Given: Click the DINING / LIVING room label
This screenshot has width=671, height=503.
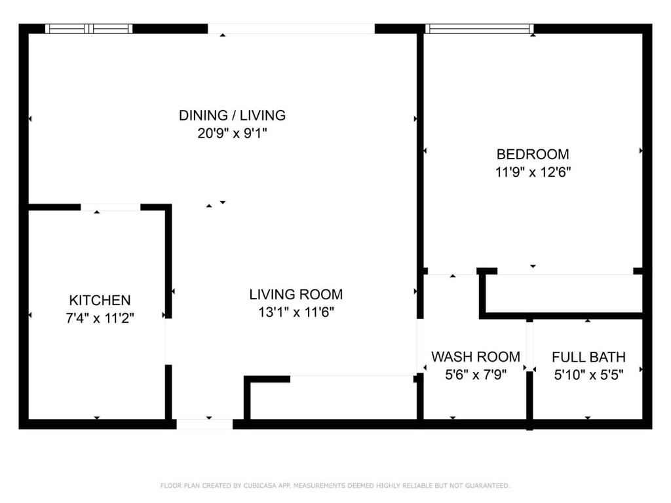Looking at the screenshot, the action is tap(232, 115).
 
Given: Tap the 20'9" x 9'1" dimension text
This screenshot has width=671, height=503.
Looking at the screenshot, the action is tap(232, 134).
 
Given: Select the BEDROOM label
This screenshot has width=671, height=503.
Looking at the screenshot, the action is tap(533, 154).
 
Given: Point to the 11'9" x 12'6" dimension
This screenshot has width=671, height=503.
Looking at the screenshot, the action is tap(533, 172).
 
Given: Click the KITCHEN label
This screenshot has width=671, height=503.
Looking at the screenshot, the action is tap(100, 300).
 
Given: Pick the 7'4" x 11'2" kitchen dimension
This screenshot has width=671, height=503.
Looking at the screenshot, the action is tap(100, 318).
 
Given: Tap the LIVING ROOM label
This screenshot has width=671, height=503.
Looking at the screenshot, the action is tap(296, 294).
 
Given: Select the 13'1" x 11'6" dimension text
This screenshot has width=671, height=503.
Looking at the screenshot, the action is tap(296, 312).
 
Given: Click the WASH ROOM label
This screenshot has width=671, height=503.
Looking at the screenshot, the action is tap(476, 357).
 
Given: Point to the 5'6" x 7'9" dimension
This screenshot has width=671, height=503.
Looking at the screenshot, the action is tap(476, 375).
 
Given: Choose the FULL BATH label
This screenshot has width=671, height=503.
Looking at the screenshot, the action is tap(588, 357).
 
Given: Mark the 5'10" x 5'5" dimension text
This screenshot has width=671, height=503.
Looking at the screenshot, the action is tap(588, 375).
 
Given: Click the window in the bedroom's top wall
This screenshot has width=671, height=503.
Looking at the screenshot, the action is tap(479, 29).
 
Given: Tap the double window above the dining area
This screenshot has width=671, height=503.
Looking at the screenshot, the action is tap(88, 29).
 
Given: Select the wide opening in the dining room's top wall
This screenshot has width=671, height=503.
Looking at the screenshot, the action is tap(291, 29).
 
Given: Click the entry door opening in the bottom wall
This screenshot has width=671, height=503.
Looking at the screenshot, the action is tap(204, 424).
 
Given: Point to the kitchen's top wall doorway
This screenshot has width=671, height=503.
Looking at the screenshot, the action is tap(110, 208).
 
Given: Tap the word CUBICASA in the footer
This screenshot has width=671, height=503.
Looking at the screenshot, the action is tap(259, 485).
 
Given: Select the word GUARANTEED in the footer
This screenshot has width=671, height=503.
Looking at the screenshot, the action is tap(488, 485).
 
